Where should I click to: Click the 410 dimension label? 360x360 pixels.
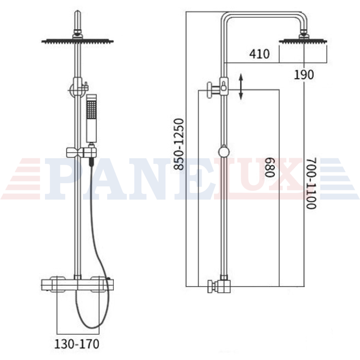coord(260,54)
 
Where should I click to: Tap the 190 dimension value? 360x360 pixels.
coord(304,75)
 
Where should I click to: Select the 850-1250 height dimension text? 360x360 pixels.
coord(179,144)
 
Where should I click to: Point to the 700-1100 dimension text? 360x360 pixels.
coord(311,183)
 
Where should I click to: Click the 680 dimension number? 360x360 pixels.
coord(270,167)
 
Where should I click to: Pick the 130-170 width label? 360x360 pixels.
coord(77,344)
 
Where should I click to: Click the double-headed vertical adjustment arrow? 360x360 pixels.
coord(241,86)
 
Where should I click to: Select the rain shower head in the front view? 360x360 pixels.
coord(77,41)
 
